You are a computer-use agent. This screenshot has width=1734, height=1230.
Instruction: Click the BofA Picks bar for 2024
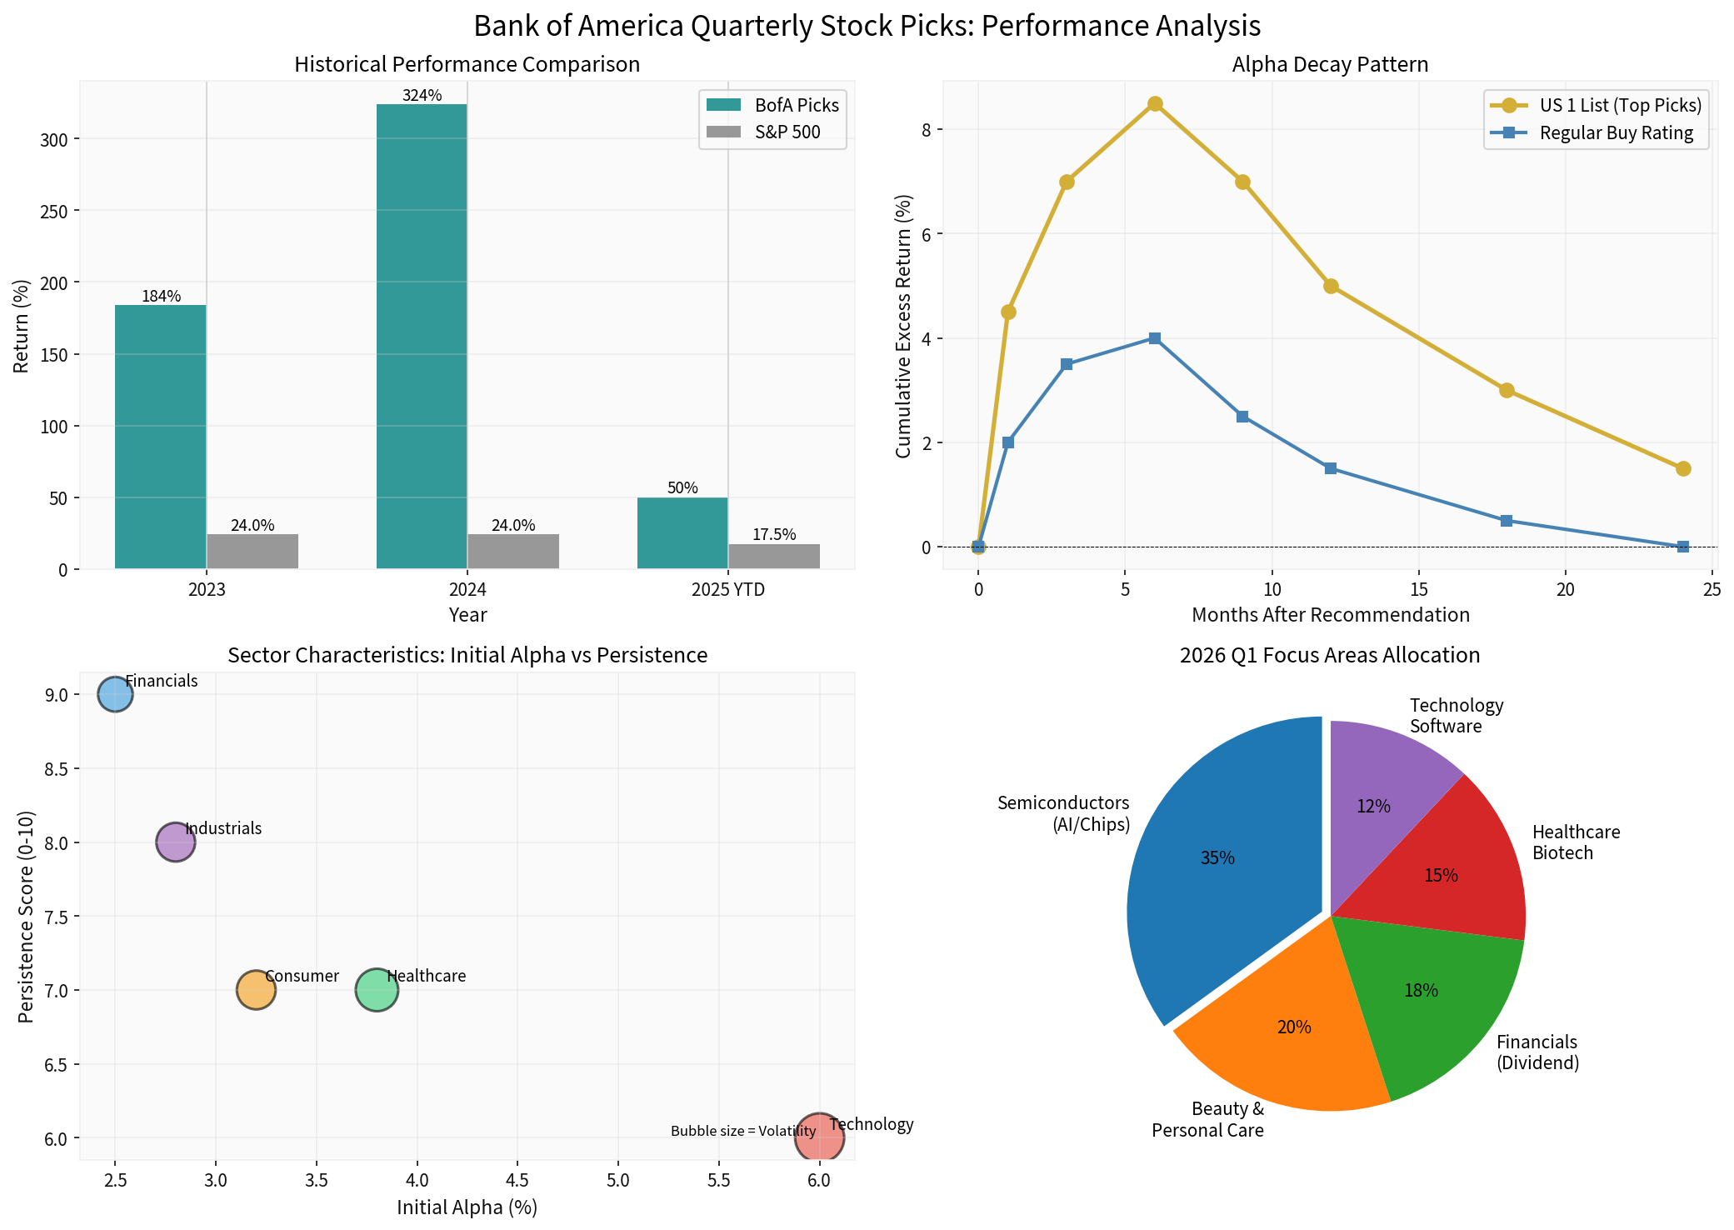[x=422, y=337]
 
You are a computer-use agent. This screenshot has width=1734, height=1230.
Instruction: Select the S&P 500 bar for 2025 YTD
[x=774, y=557]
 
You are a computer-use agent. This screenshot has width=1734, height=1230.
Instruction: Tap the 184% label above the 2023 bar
[x=161, y=297]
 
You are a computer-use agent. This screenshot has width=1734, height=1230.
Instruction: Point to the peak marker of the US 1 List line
[x=1154, y=104]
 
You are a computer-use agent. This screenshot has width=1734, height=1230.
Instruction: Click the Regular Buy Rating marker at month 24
[x=1682, y=547]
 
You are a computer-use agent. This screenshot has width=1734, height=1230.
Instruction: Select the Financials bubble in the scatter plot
[x=115, y=694]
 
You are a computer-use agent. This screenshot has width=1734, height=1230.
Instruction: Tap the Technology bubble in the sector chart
[x=819, y=1137]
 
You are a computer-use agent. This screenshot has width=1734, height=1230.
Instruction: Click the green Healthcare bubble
[x=377, y=990]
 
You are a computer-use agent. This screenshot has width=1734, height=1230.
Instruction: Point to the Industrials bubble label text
[x=223, y=828]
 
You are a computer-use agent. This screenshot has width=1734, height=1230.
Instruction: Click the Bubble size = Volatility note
[x=743, y=1131]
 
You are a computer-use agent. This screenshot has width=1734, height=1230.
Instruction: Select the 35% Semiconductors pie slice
[x=1217, y=858]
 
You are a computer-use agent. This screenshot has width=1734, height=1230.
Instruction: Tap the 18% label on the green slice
[x=1421, y=991]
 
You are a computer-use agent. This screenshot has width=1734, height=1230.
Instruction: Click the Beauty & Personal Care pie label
[x=1207, y=1119]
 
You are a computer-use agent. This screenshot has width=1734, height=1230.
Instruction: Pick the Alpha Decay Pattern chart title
[x=1329, y=64]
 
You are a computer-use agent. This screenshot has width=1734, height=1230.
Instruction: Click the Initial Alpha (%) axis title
[x=467, y=1207]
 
